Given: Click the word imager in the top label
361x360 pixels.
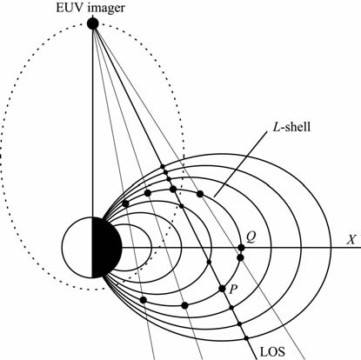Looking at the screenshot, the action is [106, 9].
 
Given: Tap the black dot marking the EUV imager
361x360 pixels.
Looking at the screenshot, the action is [93, 23].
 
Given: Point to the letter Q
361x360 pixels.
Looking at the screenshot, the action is [251, 237].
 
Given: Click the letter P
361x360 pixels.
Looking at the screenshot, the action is [233, 289].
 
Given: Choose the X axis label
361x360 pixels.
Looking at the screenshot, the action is [351, 240].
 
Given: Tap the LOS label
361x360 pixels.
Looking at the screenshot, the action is [272, 351].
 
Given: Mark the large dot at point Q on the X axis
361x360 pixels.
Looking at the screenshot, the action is [241, 248].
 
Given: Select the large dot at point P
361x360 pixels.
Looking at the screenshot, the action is [222, 289].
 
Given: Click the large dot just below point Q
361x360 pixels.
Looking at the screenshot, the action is [240, 257].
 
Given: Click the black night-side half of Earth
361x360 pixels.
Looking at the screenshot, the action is [106, 247].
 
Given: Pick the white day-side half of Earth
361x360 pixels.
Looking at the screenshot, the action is [77, 247].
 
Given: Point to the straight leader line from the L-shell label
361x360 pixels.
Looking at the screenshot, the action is [240, 164].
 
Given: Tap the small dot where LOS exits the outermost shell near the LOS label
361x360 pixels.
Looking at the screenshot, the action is [246, 338].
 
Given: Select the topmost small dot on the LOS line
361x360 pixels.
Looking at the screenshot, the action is [163, 166].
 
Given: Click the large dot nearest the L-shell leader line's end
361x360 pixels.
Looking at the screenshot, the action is [199, 194].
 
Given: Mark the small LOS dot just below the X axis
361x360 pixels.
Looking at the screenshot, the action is [210, 262].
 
